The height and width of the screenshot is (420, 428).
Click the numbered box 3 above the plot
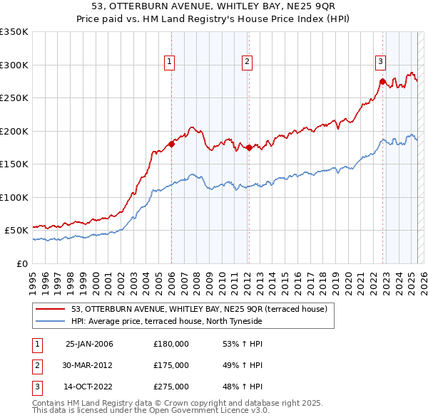pyautogui.click(x=380, y=62)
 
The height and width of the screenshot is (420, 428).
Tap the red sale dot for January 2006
pyautogui.click(x=171, y=145)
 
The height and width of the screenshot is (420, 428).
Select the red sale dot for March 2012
pyautogui.click(x=248, y=148)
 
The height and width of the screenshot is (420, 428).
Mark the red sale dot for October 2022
pyautogui.click(x=382, y=82)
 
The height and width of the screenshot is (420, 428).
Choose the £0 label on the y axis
pyautogui.click(x=21, y=263)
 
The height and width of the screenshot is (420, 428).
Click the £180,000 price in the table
pyautogui.click(x=171, y=344)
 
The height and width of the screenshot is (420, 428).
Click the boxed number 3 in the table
pyautogui.click(x=36, y=387)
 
